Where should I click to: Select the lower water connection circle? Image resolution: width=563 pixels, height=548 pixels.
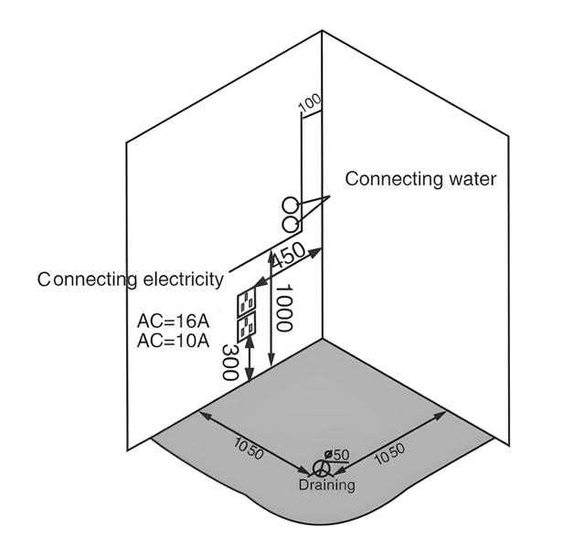(290, 224)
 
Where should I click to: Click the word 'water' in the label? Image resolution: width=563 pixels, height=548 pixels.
(466, 179)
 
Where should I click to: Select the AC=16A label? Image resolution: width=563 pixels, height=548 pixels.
(171, 322)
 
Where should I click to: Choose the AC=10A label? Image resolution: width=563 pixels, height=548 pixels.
(171, 342)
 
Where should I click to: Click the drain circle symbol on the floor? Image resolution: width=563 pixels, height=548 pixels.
(321, 468)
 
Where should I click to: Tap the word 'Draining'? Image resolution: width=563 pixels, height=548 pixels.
(326, 485)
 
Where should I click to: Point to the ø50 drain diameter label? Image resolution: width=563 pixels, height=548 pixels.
(338, 455)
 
